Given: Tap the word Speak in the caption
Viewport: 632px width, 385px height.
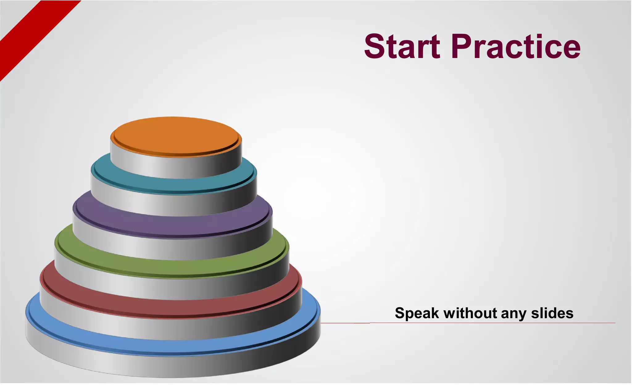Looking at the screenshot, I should [417, 313].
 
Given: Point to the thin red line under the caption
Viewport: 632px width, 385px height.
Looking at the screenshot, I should [494, 323].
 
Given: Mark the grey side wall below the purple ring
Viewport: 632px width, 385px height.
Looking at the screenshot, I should [173, 248].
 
